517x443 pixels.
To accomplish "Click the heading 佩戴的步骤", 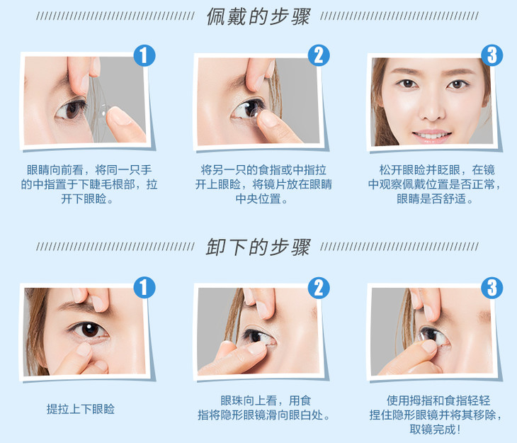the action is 258,16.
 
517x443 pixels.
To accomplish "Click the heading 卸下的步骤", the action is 258,247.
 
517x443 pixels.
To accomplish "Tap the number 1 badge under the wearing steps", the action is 144,55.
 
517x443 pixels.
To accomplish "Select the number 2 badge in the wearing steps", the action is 319,55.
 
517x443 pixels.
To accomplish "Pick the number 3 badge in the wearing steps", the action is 492,55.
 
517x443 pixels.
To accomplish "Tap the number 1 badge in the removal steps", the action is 144,288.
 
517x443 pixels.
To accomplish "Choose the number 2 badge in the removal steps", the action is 319,288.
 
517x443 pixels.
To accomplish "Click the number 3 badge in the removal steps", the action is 492,288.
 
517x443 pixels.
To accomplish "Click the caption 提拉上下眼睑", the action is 81,409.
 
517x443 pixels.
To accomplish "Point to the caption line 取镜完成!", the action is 436,429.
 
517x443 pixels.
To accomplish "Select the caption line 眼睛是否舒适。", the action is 436,198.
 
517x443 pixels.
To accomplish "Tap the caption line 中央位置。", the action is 261,198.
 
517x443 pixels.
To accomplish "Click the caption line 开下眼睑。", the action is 87,198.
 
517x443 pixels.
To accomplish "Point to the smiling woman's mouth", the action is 432,135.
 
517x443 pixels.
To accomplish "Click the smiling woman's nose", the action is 431,108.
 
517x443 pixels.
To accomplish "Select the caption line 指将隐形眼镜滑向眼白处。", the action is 263,415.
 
